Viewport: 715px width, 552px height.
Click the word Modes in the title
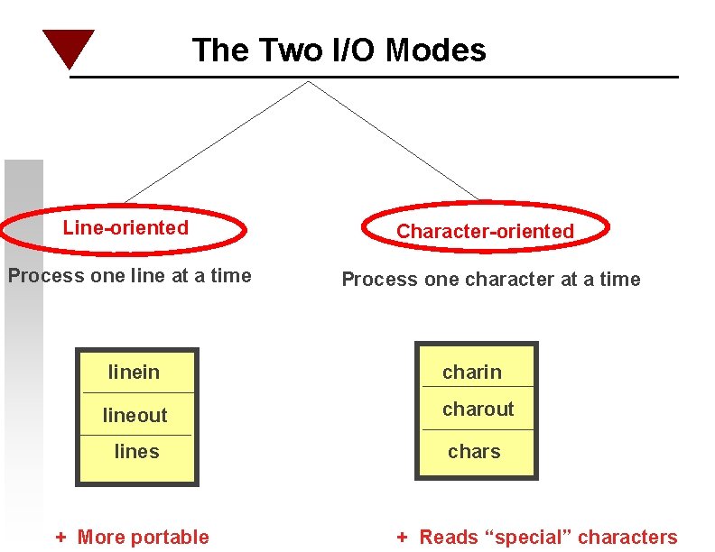pos(436,50)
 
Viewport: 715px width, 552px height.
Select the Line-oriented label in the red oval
pos(125,228)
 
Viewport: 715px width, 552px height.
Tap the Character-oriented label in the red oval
pos(485,232)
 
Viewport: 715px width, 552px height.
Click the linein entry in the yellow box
pos(134,372)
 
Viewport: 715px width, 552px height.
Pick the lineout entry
pos(135,416)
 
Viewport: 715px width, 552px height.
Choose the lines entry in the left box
pos(136,452)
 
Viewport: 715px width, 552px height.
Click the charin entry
pos(471,372)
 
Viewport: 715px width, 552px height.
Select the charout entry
pos(478,409)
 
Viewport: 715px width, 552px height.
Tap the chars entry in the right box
pos(474,452)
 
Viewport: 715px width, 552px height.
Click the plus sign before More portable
pos(61,538)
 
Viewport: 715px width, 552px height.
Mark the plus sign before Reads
pos(403,538)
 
